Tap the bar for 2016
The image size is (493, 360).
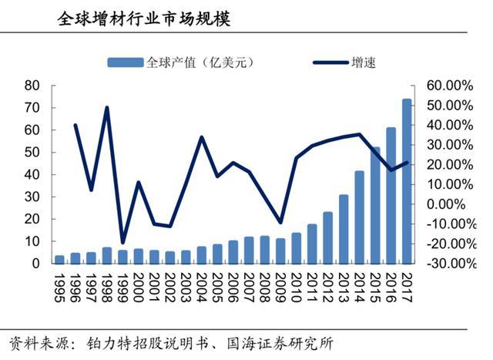point(391,196)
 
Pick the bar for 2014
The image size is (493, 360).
point(359,217)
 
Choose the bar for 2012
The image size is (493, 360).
point(327,237)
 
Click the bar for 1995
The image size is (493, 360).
point(59,259)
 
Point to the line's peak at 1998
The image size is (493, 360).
point(106,107)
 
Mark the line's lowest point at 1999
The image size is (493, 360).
point(122,243)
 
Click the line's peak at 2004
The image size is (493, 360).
point(202,137)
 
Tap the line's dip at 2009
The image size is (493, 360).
point(280,223)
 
